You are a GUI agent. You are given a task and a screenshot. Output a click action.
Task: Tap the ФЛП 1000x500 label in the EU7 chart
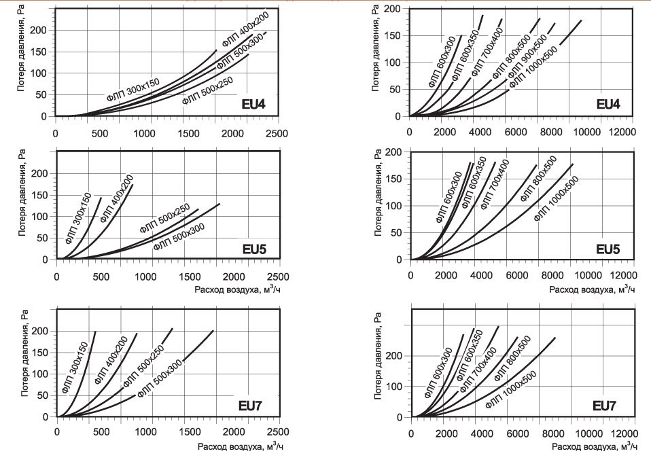point(511,389)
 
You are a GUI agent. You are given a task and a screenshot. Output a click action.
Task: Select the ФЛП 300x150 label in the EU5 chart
point(78,218)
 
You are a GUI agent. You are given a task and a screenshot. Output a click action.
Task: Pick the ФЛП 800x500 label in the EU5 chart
point(538,179)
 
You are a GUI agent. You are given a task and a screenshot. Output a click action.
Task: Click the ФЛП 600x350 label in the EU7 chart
point(470,355)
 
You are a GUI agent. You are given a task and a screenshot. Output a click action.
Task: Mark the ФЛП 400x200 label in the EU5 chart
point(117,198)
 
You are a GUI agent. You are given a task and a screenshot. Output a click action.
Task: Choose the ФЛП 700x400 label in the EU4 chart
point(487,52)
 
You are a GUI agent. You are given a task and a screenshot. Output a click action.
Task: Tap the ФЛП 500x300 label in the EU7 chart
point(160,378)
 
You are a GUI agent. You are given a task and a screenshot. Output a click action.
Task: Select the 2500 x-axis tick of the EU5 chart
point(278,277)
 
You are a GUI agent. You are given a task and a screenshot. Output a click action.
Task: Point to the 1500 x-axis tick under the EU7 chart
point(190,431)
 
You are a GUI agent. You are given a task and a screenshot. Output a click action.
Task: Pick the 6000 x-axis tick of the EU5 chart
point(517,276)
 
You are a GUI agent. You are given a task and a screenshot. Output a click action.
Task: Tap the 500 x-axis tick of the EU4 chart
point(100,133)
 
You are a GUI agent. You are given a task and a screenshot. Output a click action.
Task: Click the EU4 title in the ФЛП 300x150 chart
point(253,104)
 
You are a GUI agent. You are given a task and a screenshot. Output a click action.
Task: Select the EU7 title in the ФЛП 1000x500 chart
point(604,406)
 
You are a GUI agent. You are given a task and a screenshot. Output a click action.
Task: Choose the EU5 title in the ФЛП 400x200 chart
point(254,249)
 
